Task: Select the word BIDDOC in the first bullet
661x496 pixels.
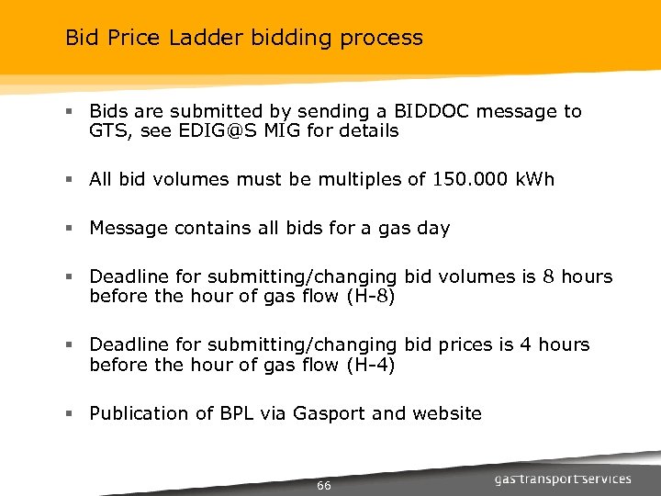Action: pyautogui.click(x=431, y=111)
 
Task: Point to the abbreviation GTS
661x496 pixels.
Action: pyautogui.click(x=108, y=130)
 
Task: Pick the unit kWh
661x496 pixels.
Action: pyautogui.click(x=536, y=179)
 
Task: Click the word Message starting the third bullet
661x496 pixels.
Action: pyautogui.click(x=129, y=228)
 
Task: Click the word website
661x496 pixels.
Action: pyautogui.click(x=446, y=413)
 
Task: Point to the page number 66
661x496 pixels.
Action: pyautogui.click(x=323, y=485)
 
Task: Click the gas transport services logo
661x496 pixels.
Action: pyautogui.click(x=562, y=479)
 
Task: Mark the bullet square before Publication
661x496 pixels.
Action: pyautogui.click(x=71, y=413)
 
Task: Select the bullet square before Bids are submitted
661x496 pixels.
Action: pyautogui.click(x=71, y=112)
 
